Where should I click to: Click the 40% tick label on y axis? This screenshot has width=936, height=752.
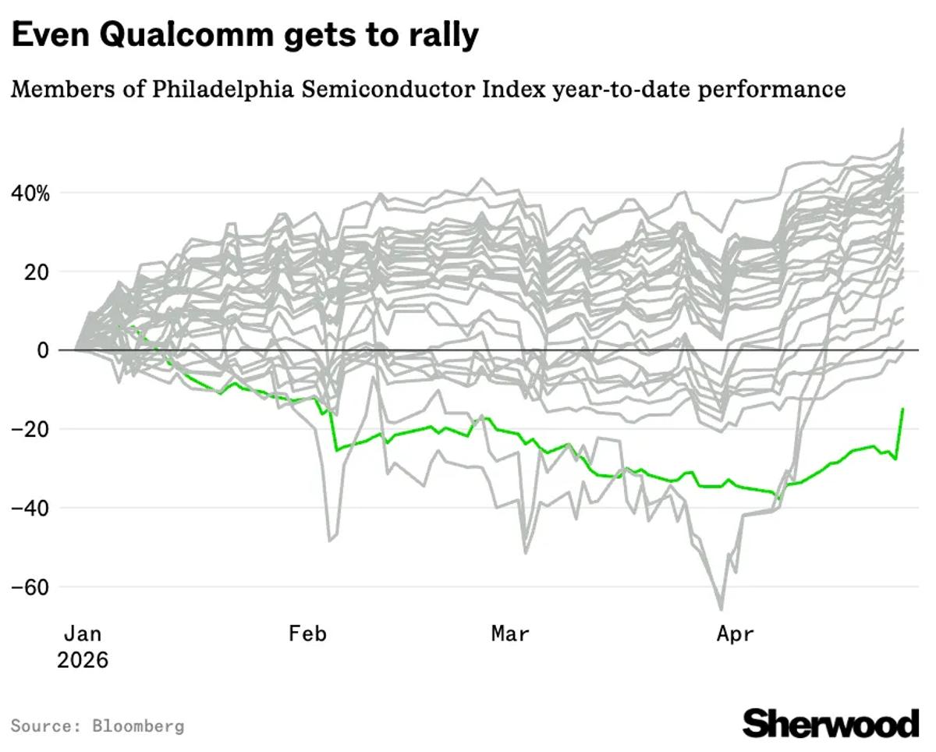pos(30,193)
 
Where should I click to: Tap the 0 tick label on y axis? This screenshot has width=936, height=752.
pos(44,351)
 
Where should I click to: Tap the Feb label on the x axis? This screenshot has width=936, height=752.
pos(307,633)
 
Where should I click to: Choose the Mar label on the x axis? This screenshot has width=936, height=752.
pos(510,633)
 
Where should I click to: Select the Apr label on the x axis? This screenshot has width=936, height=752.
pos(736,633)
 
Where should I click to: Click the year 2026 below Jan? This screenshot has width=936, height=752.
pos(83,660)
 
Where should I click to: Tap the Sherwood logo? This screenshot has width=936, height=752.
pos(831,723)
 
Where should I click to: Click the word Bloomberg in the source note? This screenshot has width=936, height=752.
pos(138,726)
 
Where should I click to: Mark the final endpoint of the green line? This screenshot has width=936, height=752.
pos(902,409)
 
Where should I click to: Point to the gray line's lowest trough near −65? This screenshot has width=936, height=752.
pos(721,609)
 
